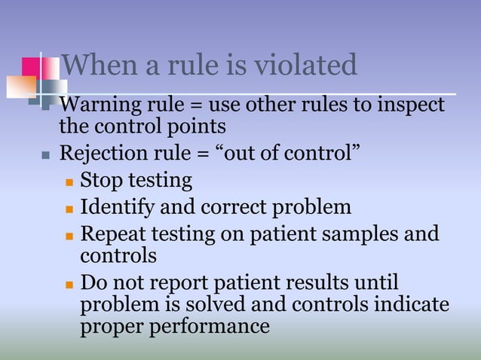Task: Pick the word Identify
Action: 112,206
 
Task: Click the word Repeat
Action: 109,233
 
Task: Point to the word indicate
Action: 411,304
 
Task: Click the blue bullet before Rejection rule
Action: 46,156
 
